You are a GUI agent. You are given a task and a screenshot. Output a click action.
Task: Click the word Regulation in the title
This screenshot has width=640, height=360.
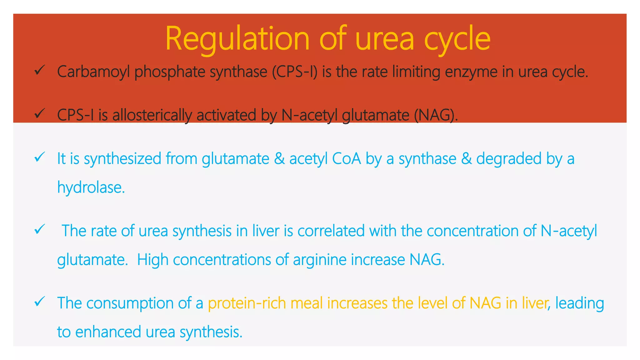(237, 39)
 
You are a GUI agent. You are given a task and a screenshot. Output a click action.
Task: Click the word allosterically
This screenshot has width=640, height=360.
(152, 115)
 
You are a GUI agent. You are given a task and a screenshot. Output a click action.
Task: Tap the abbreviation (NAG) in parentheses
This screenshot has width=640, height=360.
(436, 115)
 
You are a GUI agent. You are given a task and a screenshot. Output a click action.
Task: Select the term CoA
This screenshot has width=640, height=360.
(346, 158)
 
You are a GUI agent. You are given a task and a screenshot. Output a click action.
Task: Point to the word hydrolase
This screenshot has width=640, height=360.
(91, 187)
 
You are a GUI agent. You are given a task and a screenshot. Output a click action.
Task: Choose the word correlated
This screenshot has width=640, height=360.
(331, 231)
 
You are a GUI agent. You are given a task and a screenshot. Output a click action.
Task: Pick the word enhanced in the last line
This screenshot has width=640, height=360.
(108, 332)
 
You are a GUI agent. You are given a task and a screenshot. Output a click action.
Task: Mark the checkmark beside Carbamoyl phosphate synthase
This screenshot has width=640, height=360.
(40, 70)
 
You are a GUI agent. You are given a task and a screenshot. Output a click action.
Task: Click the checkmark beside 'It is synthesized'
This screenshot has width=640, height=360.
(40, 157)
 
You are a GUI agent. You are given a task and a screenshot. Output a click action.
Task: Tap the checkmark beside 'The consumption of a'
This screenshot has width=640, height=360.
(40, 302)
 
